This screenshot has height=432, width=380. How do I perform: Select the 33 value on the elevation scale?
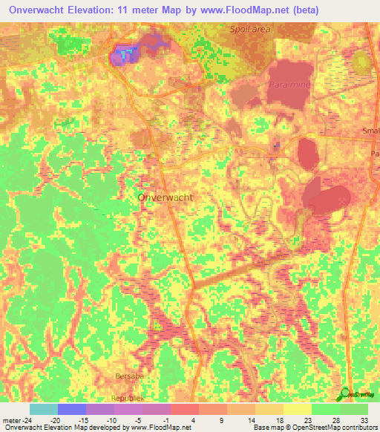point(363,419)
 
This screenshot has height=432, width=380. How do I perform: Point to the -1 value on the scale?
point(171,419)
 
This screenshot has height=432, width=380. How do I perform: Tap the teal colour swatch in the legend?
point(43,408)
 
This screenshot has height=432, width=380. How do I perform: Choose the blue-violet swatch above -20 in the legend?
point(71,408)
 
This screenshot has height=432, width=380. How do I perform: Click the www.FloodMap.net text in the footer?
point(155,428)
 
